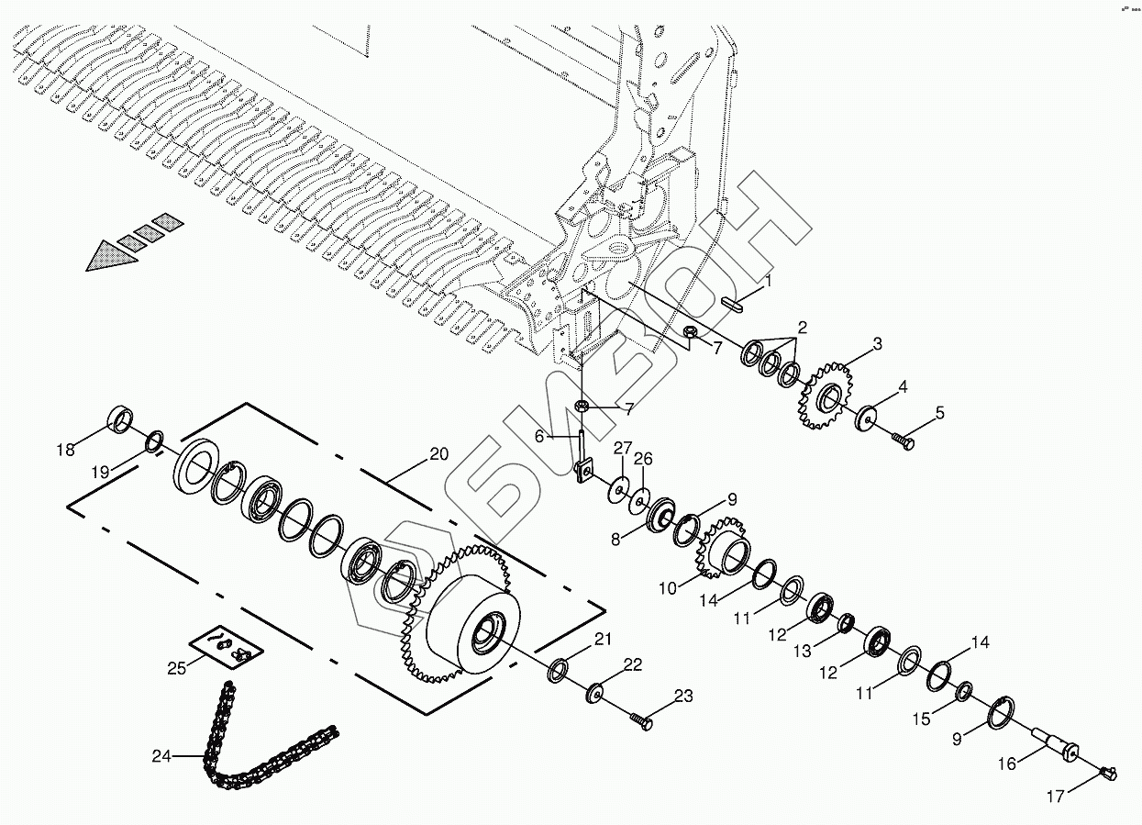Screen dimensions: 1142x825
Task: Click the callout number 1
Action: pos(769,281)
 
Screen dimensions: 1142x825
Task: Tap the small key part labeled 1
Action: pos(733,304)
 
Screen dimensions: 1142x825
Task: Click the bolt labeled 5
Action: pos(866,418)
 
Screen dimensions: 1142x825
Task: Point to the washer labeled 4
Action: pos(903,440)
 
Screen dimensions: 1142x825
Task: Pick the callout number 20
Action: pos(438,453)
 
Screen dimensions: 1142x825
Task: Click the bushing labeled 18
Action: pos(121,420)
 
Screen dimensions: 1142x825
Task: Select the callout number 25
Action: pos(177,668)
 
